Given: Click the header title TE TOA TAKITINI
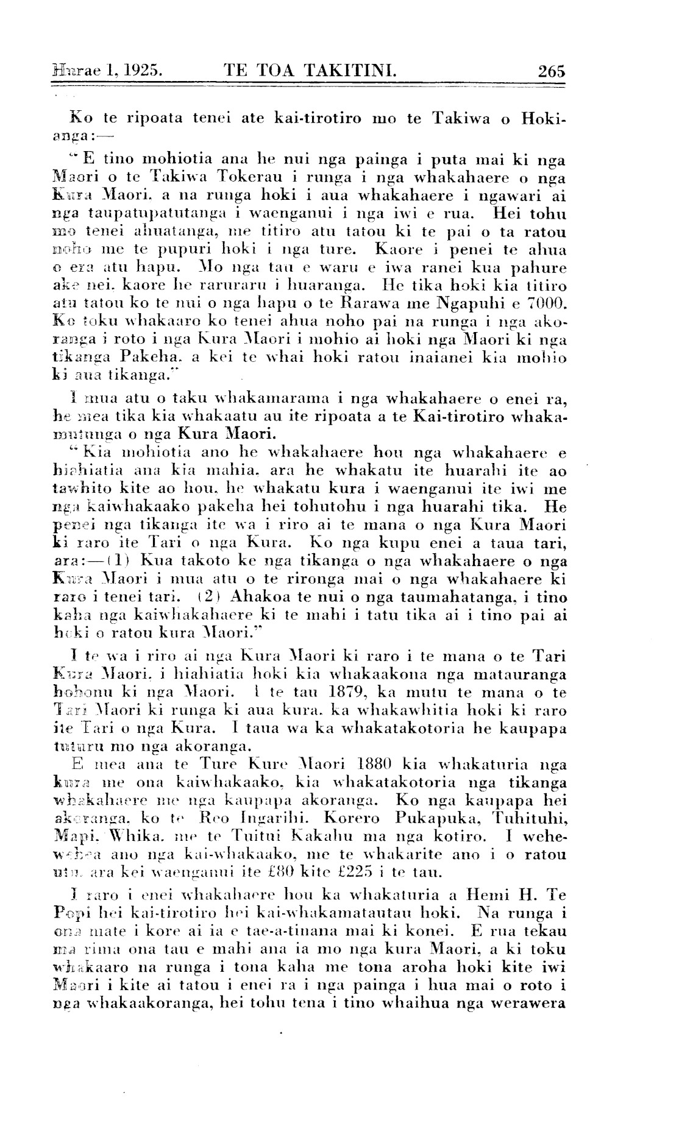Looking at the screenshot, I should [x=311, y=71].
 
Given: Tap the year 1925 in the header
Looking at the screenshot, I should [x=144, y=71].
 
